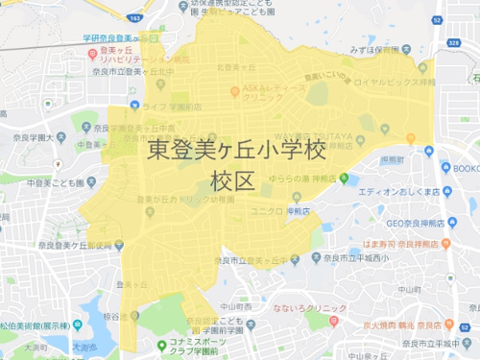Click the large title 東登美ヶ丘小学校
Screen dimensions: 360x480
tap(237, 151)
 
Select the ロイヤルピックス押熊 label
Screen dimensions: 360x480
tap(396, 83)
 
